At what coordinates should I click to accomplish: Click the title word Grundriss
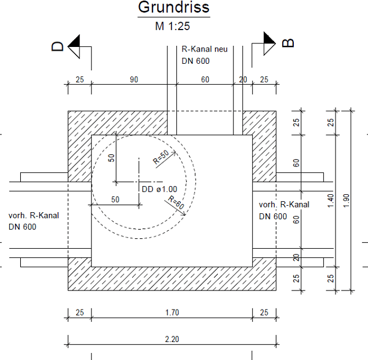click(174, 7)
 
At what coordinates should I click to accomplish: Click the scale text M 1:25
click(173, 26)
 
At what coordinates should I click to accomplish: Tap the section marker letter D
click(57, 46)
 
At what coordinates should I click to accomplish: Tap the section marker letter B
click(287, 43)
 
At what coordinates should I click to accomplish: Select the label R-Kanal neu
click(205, 49)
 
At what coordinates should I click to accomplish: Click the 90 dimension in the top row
click(134, 79)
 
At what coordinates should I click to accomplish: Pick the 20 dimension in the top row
click(243, 79)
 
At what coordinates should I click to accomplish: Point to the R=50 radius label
click(161, 157)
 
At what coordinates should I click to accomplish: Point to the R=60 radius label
click(176, 202)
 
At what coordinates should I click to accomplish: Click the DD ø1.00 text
click(159, 189)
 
